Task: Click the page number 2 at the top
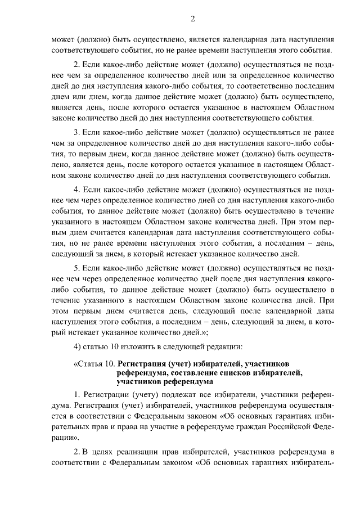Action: point(192,19)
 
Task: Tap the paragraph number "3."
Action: point(78,133)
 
